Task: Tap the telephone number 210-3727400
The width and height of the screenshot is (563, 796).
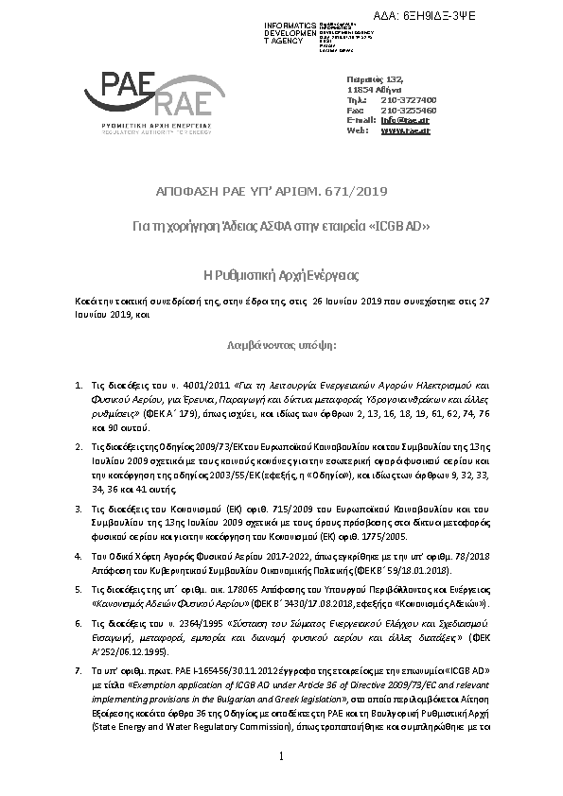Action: [408, 99]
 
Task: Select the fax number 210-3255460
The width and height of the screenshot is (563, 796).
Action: [408, 110]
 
